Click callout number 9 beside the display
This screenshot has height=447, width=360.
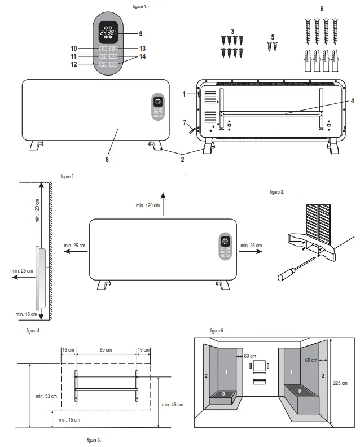point(141,33)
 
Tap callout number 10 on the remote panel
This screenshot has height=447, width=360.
point(73,49)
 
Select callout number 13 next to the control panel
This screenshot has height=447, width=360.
point(143,49)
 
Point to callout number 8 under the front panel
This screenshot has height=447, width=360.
point(106,160)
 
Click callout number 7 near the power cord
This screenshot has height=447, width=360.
point(185,122)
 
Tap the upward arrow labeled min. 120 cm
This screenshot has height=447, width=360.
point(163,200)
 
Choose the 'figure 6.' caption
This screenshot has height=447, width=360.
point(93,440)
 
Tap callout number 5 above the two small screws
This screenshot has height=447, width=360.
point(273,37)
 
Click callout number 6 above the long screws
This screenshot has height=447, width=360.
point(322,10)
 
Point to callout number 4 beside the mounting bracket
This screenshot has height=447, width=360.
point(352,101)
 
